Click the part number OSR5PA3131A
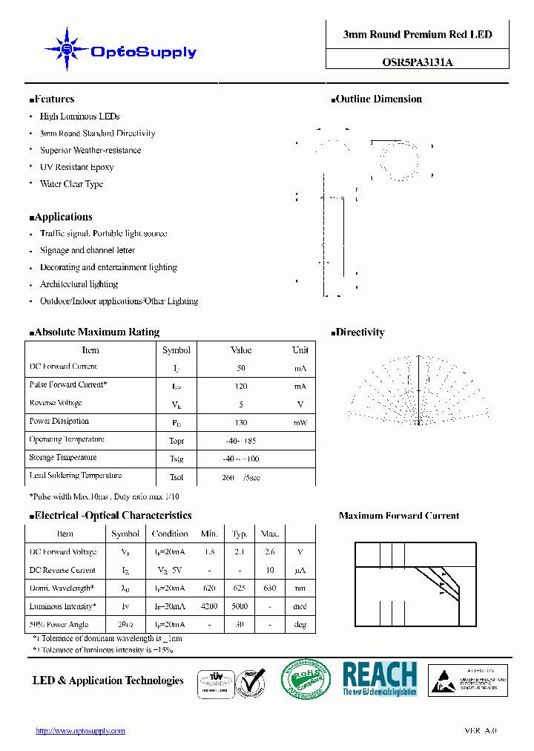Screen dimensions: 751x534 (x=417, y=62)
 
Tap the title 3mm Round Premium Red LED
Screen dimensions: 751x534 (x=417, y=34)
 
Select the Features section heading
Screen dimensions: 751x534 (x=52, y=99)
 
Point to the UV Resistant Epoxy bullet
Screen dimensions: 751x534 (x=76, y=167)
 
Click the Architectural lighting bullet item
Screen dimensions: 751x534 (x=79, y=284)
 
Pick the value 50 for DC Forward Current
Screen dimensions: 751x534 (x=241, y=368)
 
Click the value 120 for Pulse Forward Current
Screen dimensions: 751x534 (x=241, y=387)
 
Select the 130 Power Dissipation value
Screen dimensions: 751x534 (x=241, y=422)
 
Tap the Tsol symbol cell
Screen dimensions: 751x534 (x=177, y=477)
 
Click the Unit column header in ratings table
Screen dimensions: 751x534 (x=300, y=350)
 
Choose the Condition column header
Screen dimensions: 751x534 (x=170, y=534)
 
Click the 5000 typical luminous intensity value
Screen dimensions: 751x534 (x=240, y=607)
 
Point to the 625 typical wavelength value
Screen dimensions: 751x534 (x=240, y=588)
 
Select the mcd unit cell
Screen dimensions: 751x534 (x=300, y=607)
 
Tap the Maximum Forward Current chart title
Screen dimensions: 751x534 (x=399, y=516)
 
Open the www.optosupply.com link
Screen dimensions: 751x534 (x=80, y=731)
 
